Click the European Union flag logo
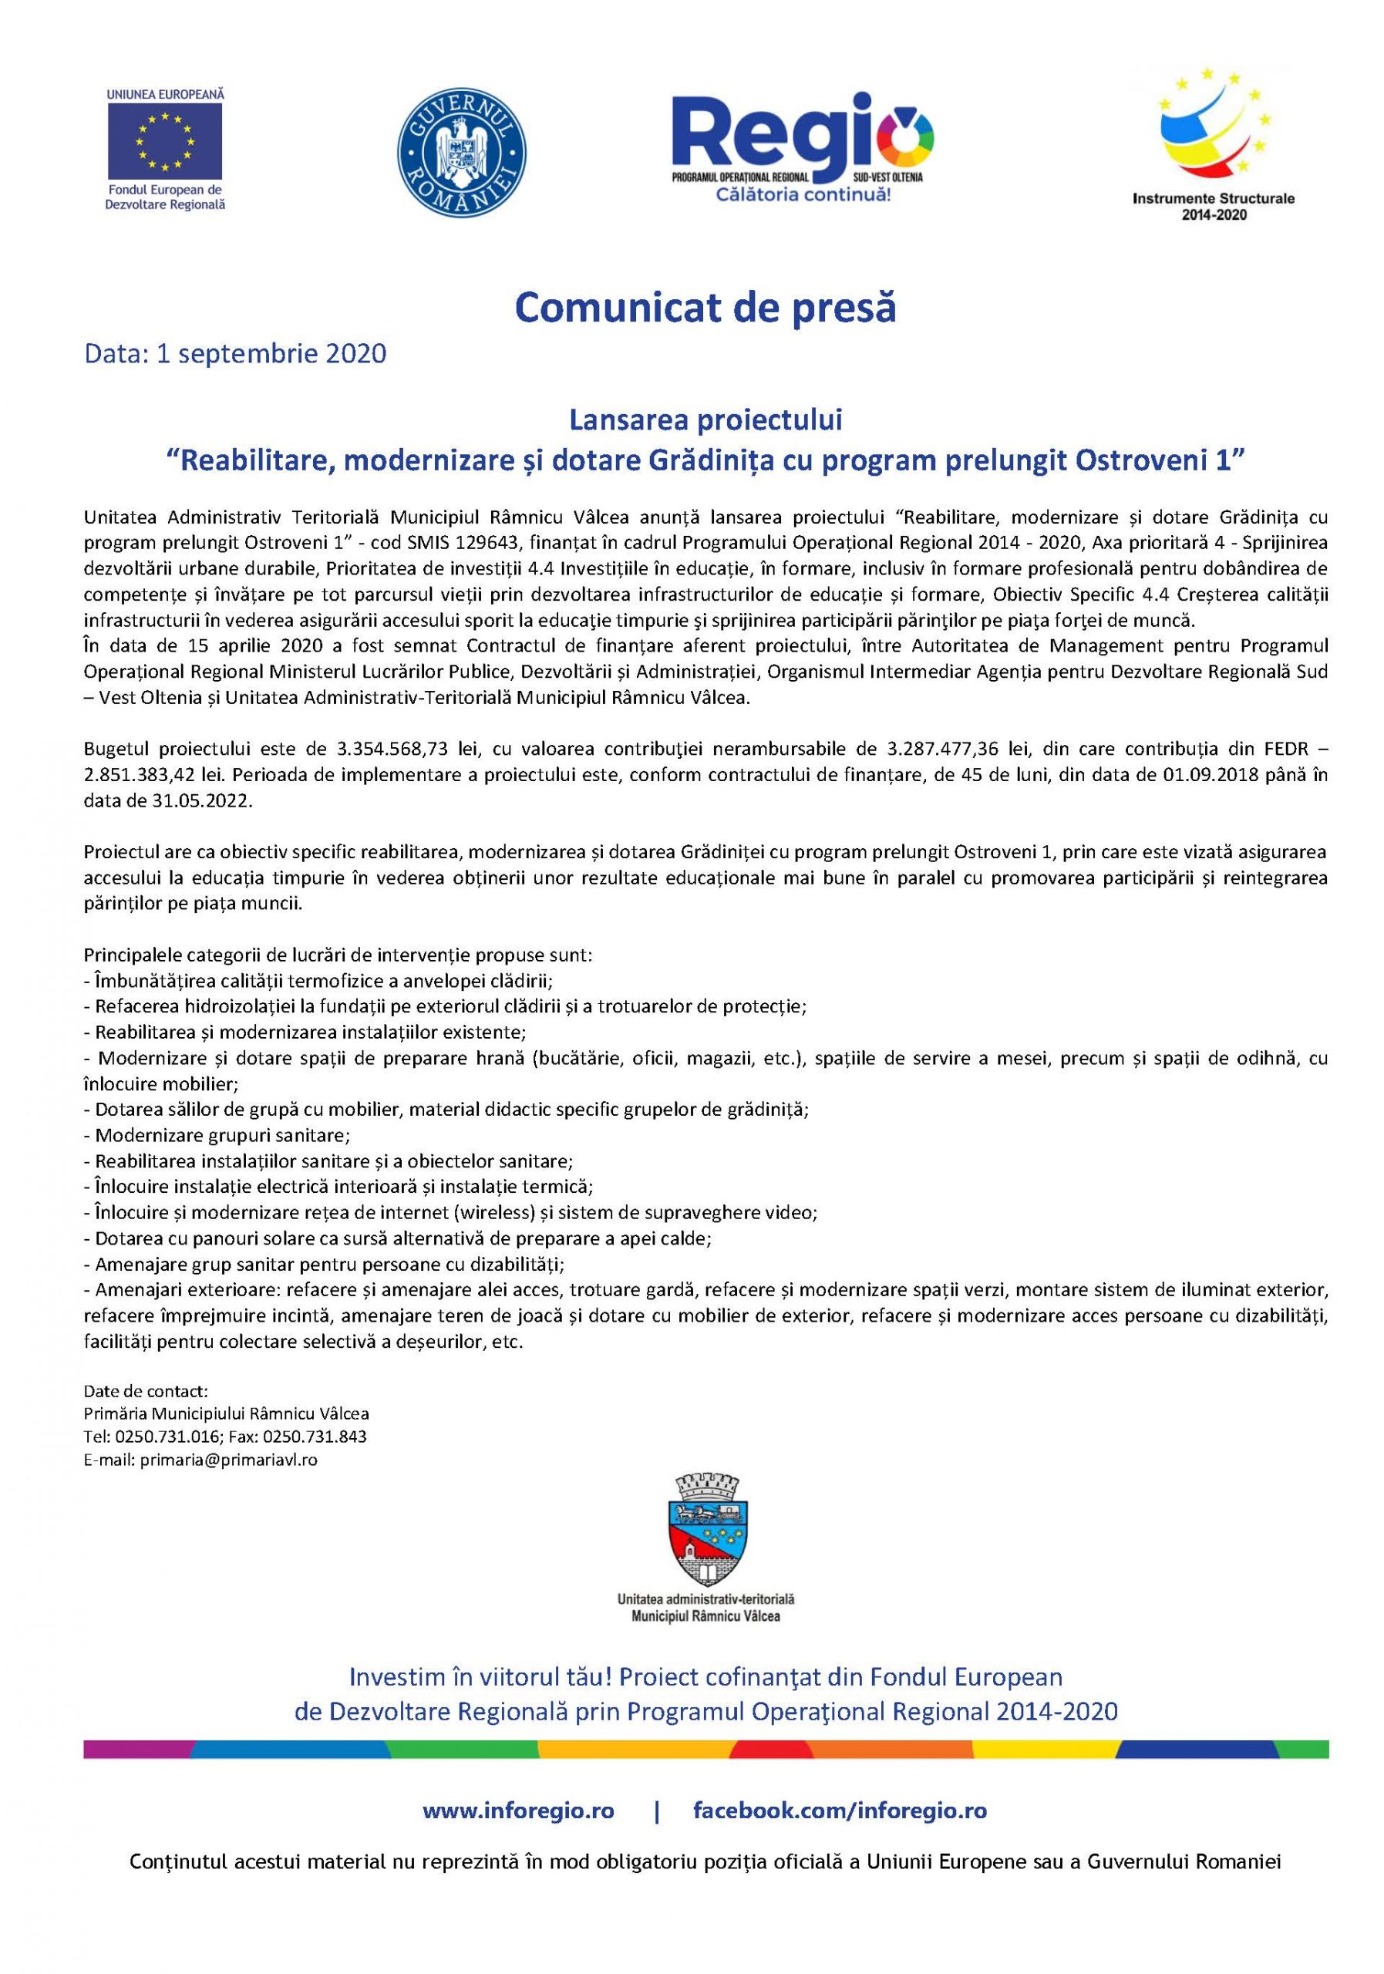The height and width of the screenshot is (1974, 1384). tap(164, 140)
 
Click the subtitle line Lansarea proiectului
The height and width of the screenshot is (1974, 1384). tap(704, 421)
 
